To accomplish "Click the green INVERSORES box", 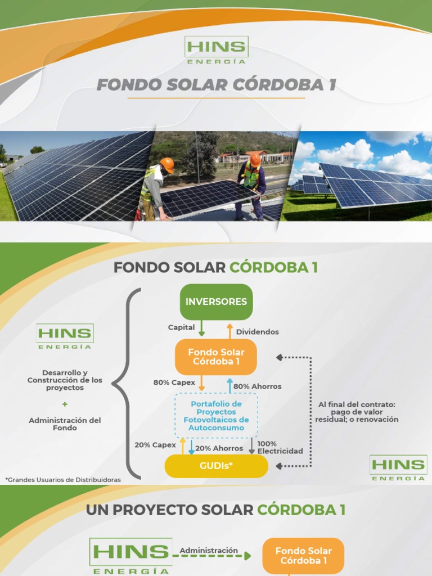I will pyautogui.click(x=216, y=301).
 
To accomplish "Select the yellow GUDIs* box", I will pyautogui.click(x=216, y=466).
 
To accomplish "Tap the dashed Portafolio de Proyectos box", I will pyautogui.click(x=216, y=416).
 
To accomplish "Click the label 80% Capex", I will pyautogui.click(x=174, y=382).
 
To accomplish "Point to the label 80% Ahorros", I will pyautogui.click(x=258, y=386).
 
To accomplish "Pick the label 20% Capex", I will pyautogui.click(x=155, y=445).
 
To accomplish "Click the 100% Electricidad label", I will pyautogui.click(x=280, y=447).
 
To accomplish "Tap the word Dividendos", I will pyautogui.click(x=257, y=332).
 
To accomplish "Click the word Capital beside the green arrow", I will pyautogui.click(x=181, y=327).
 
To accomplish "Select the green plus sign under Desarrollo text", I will pyautogui.click(x=65, y=404).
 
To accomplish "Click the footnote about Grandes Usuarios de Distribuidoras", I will pyautogui.click(x=63, y=479).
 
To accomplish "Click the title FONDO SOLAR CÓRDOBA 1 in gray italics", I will pyautogui.click(x=216, y=85).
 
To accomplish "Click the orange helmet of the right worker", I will pyautogui.click(x=255, y=159).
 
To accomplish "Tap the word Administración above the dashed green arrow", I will pyautogui.click(x=209, y=551).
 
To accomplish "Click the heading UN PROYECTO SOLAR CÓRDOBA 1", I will pyautogui.click(x=215, y=510).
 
